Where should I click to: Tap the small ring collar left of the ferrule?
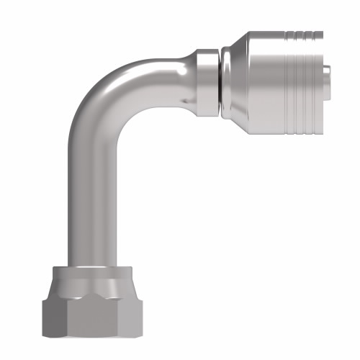click(205, 80)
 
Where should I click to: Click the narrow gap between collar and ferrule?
click(217, 80)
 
